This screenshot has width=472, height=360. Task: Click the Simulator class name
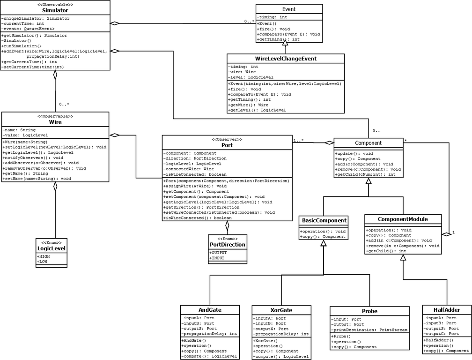(55, 10)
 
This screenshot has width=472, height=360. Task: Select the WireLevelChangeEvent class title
(286, 59)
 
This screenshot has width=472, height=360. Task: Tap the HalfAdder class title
(447, 310)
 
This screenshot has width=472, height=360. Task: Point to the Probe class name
(369, 311)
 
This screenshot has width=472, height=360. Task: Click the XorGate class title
(281, 310)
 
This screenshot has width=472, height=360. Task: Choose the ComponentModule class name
(403, 219)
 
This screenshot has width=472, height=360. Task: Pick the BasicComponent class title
(324, 220)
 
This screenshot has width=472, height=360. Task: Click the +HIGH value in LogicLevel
(44, 256)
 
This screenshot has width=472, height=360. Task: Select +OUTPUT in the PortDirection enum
(218, 253)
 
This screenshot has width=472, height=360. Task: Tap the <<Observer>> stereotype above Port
(227, 140)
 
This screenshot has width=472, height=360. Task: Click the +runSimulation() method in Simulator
(21, 46)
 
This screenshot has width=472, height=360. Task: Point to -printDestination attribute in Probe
(369, 330)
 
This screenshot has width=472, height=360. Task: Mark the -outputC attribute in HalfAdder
(441, 334)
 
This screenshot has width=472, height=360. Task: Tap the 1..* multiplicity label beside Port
(298, 140)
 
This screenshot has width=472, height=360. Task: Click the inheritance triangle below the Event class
(285, 43)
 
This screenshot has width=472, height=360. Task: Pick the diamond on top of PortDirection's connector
(227, 225)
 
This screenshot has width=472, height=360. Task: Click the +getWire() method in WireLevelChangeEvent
(248, 105)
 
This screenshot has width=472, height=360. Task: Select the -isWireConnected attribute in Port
(195, 174)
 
